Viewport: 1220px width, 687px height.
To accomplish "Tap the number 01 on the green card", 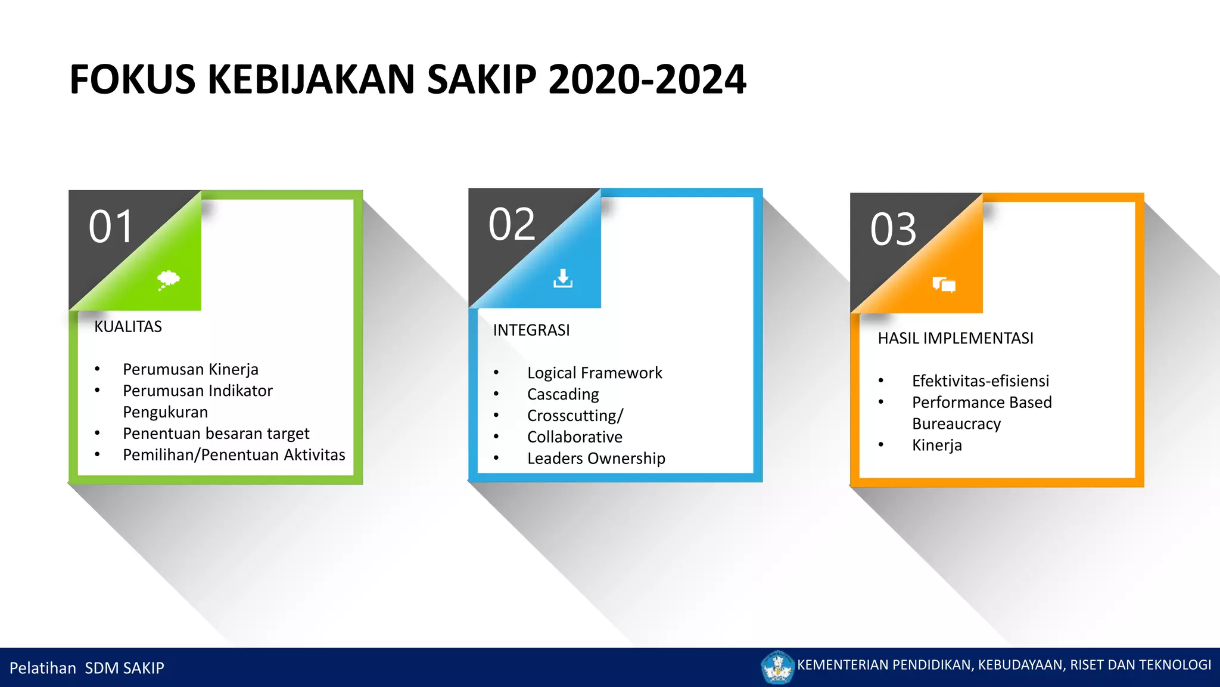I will (x=111, y=227).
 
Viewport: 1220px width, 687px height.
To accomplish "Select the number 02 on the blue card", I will (x=512, y=225).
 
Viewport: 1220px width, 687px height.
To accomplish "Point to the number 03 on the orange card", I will (x=893, y=230).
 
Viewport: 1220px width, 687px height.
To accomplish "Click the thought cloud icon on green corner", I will (x=168, y=279).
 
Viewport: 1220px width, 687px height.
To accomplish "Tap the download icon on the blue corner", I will (x=562, y=278).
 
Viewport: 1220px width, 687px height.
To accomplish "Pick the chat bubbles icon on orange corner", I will (x=944, y=285).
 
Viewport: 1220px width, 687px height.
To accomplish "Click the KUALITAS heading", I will (x=128, y=327).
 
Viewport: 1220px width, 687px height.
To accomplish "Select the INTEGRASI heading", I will (x=531, y=330).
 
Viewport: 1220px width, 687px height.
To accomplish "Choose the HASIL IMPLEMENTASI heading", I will (x=956, y=339).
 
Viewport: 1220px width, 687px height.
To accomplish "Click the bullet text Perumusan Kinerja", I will (x=191, y=370).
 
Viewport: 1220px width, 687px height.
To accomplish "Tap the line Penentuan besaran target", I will (x=216, y=434).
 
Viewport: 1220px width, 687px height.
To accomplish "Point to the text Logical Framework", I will (x=595, y=373).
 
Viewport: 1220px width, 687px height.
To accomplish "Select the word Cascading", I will (x=563, y=395).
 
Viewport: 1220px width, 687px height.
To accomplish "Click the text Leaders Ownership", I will (x=596, y=459).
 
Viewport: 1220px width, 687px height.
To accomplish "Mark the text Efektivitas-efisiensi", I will (x=981, y=381).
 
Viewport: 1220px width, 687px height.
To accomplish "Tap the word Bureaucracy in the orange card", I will (x=956, y=424).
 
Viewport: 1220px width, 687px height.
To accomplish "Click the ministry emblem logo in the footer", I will (x=777, y=667).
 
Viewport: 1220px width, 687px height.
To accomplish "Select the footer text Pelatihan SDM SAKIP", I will (x=87, y=668).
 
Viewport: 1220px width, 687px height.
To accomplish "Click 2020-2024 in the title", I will (x=646, y=79).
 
